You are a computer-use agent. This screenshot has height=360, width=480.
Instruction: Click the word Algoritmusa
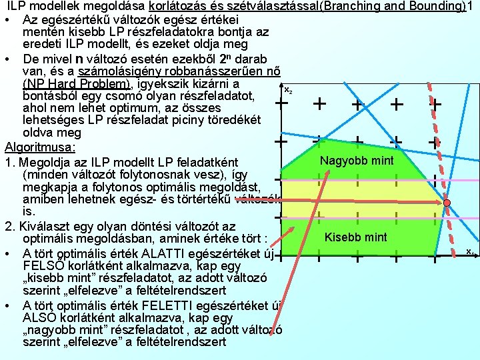(x=39, y=146)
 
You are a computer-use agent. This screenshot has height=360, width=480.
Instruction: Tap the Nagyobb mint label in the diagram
(x=357, y=161)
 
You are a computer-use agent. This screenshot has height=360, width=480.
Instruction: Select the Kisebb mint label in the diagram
(x=355, y=237)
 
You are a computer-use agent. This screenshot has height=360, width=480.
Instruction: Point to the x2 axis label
(x=288, y=89)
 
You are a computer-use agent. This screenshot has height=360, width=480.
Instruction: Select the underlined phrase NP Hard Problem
(x=77, y=84)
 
